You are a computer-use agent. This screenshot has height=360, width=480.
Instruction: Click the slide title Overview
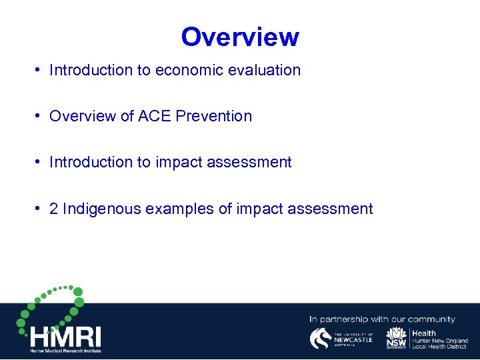[x=240, y=37]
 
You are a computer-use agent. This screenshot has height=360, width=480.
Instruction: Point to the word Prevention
[x=214, y=116]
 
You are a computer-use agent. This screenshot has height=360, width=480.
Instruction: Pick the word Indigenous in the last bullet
[x=101, y=209]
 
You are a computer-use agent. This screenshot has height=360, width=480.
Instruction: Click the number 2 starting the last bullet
[x=54, y=209]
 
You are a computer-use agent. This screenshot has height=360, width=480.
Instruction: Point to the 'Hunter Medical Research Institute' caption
[x=65, y=350]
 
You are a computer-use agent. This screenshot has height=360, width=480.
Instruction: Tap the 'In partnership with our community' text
[x=382, y=319]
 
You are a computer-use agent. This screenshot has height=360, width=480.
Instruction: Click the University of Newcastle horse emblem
[x=321, y=339]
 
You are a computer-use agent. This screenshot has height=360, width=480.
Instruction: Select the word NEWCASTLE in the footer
[x=353, y=339]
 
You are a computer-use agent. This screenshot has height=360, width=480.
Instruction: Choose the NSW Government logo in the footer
[x=397, y=339]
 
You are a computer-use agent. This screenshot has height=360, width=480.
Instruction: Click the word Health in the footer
[x=424, y=333]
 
